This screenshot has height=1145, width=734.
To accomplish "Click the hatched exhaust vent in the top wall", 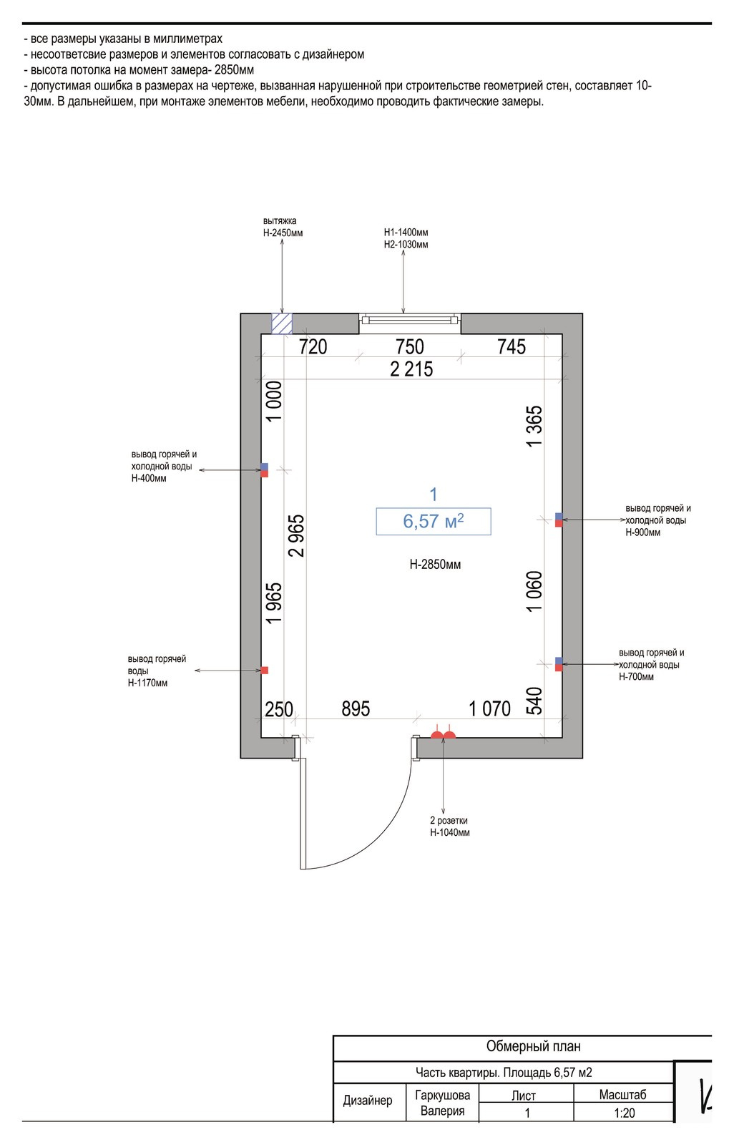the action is coord(282,323).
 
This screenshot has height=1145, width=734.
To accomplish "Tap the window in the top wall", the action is coord(409,321).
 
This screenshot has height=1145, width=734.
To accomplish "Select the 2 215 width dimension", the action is coord(411,369).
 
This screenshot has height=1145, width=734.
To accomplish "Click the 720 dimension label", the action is coord(313,346).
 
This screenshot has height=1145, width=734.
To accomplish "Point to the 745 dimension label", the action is coord(512,346).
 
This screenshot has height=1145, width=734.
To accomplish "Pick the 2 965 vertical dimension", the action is coord(296,536).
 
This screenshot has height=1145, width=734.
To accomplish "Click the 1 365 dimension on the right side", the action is coord(534,427).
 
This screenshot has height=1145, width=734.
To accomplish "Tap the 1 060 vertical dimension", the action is coord(534,591).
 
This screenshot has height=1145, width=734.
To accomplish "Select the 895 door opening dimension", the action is coord(356,709).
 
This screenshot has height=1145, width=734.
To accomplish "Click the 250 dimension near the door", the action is coord(279,709).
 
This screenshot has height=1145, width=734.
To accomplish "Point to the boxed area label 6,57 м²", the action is coord(434,522).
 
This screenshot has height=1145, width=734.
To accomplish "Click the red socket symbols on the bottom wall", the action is coord(443,734).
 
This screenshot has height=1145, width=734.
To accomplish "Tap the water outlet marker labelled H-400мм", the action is coord(264,470).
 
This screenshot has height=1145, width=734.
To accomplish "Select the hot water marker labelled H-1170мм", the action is coord(264,670).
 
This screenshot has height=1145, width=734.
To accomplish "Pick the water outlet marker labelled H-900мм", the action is coord(559,520).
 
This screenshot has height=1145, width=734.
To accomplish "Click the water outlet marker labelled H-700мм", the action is coord(559,664).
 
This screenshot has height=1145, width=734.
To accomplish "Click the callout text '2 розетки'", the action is coord(449,820).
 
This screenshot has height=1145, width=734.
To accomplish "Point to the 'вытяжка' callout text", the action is coord(280,221).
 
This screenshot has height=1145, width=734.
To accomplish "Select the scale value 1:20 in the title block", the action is coord(624,1113).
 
